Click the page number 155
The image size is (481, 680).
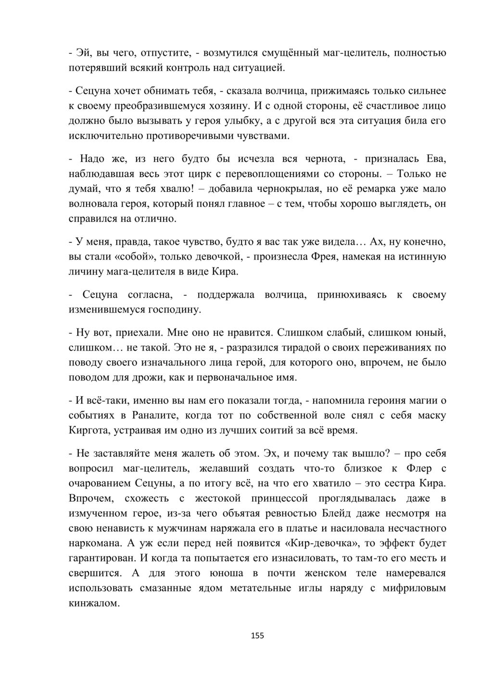[x=257, y=636]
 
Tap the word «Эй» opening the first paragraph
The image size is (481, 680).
[x=80, y=52]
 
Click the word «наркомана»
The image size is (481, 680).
[x=92, y=543]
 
